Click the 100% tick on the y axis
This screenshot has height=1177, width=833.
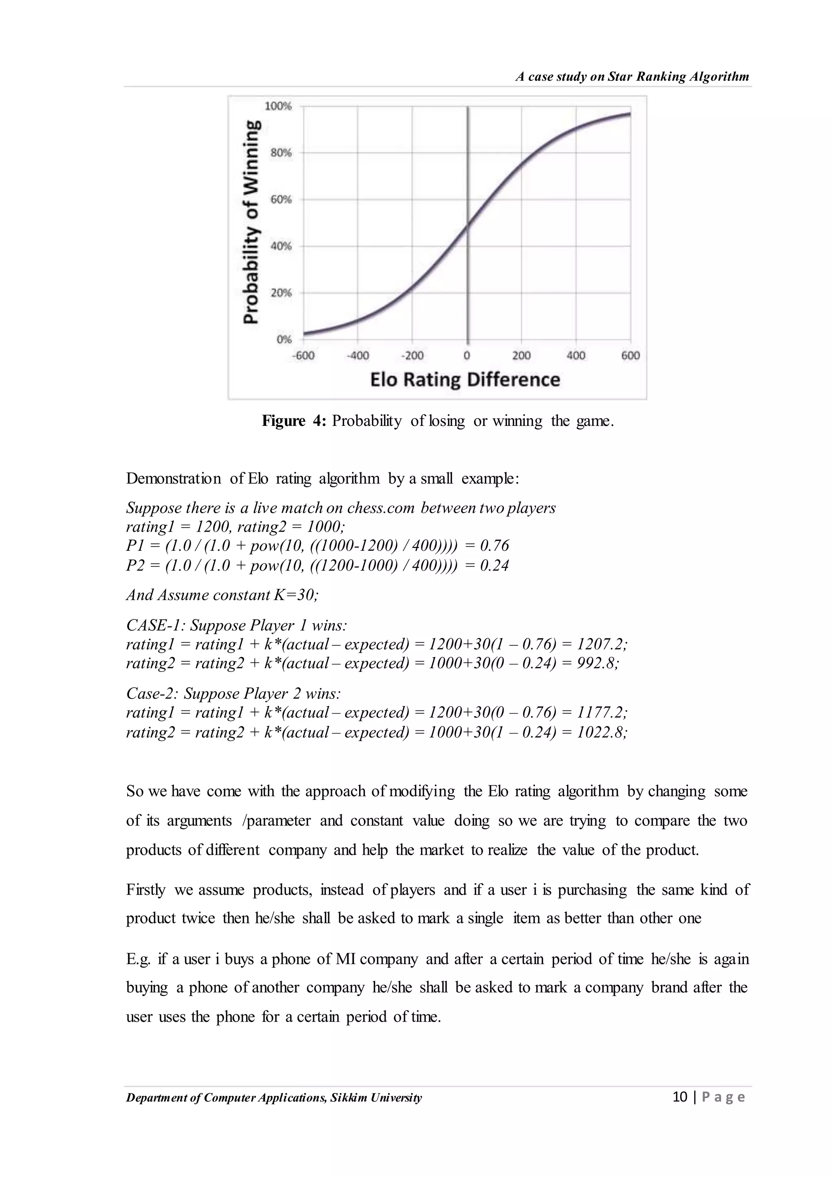pos(277,106)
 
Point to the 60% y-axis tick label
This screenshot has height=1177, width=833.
pos(281,200)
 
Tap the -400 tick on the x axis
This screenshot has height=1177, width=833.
pos(358,355)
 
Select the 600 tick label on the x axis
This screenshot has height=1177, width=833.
pos(630,355)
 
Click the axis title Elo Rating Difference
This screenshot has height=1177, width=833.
pos(465,380)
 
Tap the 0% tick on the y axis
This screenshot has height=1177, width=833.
pos(283,339)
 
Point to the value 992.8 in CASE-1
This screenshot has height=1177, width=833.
pos(597,663)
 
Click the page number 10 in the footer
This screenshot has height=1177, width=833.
pos(680,1097)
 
